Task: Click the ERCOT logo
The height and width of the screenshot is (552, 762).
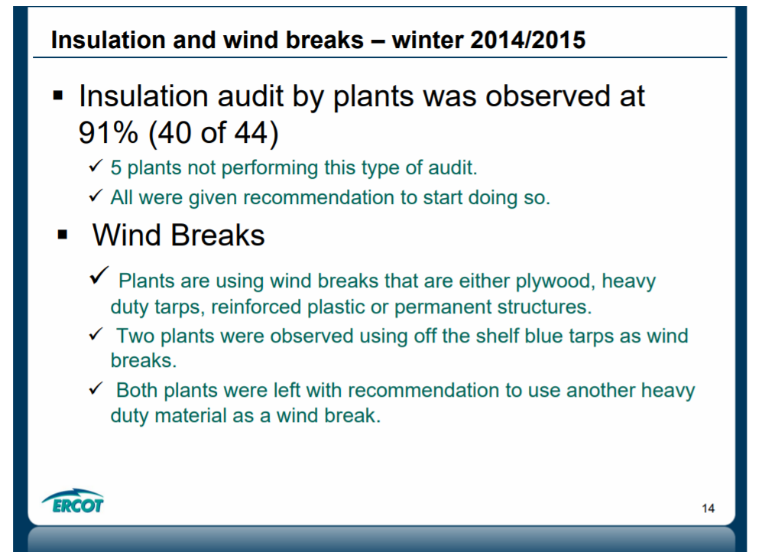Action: tap(73, 501)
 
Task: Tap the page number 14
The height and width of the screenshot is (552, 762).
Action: tap(708, 508)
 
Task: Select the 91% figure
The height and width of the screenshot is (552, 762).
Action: tap(108, 132)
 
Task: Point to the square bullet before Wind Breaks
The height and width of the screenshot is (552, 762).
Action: tap(62, 235)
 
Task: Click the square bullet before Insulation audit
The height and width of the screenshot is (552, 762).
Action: tap(58, 95)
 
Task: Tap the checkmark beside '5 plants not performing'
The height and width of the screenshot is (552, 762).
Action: tap(96, 166)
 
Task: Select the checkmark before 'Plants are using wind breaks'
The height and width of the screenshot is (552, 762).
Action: tap(99, 275)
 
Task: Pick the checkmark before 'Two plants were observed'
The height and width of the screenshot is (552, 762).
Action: tap(96, 334)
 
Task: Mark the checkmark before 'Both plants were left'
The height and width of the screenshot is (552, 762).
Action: tap(96, 388)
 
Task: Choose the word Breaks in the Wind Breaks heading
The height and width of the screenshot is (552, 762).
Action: tap(218, 235)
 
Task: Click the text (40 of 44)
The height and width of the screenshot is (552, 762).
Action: tap(213, 133)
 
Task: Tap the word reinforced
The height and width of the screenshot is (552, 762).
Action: tap(255, 307)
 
